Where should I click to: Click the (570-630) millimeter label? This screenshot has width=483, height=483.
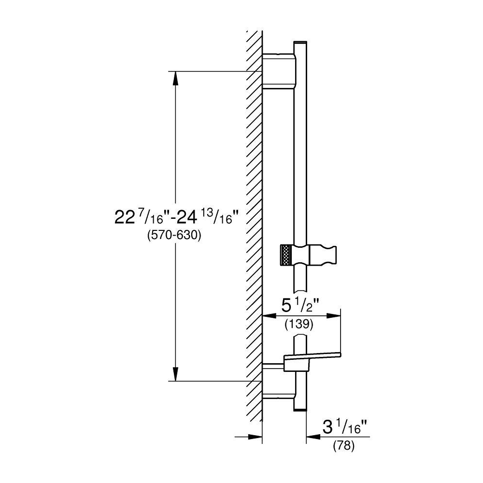coord(174,236)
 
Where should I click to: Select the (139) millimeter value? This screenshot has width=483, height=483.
coord(299,324)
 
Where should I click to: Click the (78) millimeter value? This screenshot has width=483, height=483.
coord(344,446)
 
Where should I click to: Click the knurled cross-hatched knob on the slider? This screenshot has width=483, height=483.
coord(287,255)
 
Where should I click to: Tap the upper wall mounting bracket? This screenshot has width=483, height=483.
coord(279,71)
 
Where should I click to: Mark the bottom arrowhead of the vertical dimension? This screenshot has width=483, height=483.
coord(176,374)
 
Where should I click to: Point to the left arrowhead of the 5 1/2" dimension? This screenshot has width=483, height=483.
coord(269,316)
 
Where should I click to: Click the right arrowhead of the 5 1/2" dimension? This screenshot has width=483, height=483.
coord(334,316)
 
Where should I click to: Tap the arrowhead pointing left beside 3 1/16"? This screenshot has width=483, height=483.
coord(314,436)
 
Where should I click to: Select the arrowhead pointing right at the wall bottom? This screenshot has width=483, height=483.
coord(255,436)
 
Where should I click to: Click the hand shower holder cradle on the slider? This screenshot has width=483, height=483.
coord(323,255)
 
